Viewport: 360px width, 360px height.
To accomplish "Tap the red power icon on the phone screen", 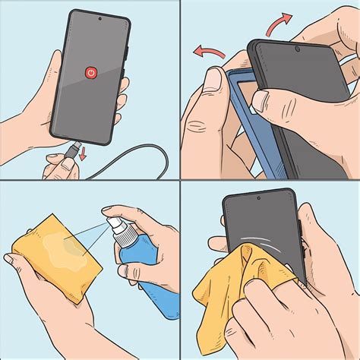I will coord(90,72).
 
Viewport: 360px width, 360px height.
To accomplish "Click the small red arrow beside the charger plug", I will coord(81,156).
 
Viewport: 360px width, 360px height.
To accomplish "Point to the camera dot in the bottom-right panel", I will coord(258,198).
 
